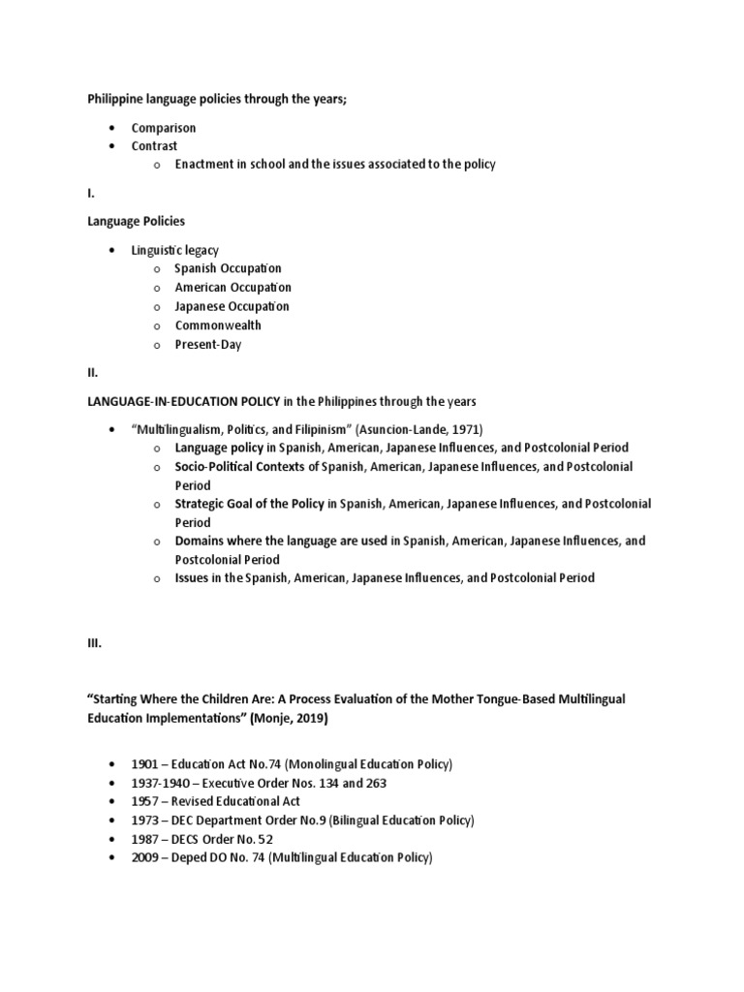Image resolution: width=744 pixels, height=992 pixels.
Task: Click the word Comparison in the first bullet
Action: pyautogui.click(x=164, y=128)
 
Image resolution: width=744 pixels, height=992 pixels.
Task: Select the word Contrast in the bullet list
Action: pyautogui.click(x=155, y=146)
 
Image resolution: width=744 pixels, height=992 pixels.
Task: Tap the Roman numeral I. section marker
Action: pyautogui.click(x=92, y=194)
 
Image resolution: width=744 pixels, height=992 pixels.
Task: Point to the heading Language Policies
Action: pyautogui.click(x=136, y=222)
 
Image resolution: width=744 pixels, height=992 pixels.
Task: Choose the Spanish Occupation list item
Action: pyautogui.click(x=228, y=268)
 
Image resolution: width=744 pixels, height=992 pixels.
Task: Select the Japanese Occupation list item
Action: pyautogui.click(x=232, y=306)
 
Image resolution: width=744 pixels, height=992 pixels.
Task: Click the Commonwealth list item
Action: pyautogui.click(x=218, y=325)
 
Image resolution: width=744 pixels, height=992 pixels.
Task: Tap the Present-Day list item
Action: pyautogui.click(x=208, y=345)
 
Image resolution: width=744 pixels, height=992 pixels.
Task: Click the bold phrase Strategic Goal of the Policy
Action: pyautogui.click(x=250, y=504)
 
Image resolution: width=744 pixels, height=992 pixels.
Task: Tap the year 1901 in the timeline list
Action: pyautogui.click(x=147, y=764)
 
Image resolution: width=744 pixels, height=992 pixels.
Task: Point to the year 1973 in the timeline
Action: pyautogui.click(x=147, y=821)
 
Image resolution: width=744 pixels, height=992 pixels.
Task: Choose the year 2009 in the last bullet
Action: pyautogui.click(x=147, y=858)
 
